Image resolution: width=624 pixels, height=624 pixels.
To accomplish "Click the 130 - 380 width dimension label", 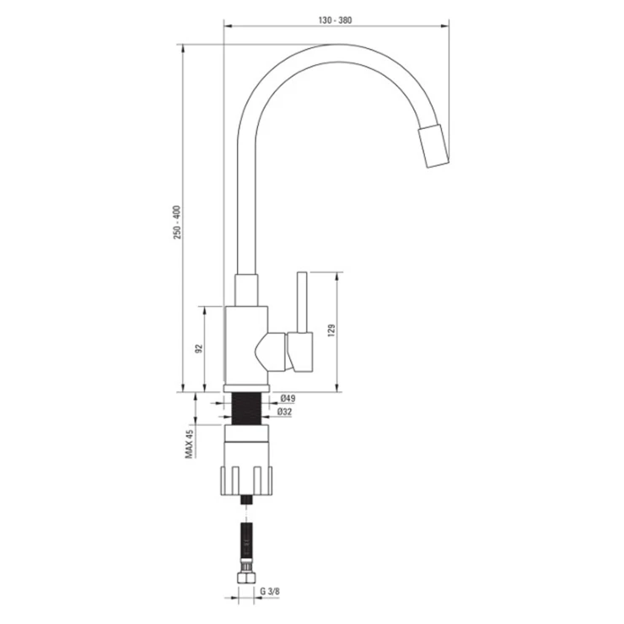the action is [x=335, y=20].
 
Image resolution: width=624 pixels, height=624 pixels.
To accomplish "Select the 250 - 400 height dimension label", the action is [x=177, y=223].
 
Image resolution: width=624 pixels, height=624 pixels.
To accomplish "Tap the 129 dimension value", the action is [x=331, y=331].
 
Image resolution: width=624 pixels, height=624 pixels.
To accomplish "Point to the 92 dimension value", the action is [x=199, y=348].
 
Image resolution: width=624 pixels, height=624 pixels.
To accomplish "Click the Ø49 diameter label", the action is [x=288, y=398].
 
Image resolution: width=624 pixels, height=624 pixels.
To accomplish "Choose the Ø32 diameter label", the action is [x=284, y=412].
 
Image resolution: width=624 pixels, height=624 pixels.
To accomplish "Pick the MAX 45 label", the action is [x=189, y=444].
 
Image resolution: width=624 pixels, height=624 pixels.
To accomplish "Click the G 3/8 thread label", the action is [x=270, y=591].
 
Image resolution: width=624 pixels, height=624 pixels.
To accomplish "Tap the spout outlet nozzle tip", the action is [x=433, y=146].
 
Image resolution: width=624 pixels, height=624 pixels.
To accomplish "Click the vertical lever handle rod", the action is [x=302, y=302].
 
